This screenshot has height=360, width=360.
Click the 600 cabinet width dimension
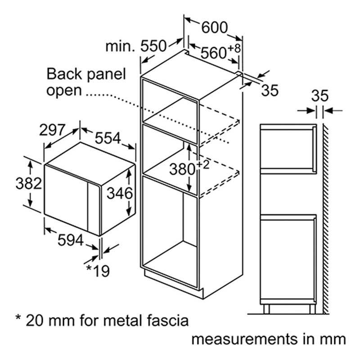click(x=215, y=27)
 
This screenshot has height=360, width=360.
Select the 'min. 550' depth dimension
click(x=135, y=46)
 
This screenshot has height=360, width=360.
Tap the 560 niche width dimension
click(x=213, y=53)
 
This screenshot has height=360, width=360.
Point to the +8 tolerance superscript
click(x=234, y=49)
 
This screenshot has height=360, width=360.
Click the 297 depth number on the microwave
click(x=52, y=130)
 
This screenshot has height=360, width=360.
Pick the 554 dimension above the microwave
click(x=108, y=138)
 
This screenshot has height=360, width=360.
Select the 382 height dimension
click(x=29, y=184)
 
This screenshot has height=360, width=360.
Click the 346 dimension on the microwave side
click(x=120, y=193)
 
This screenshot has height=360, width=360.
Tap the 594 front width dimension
click(x=71, y=240)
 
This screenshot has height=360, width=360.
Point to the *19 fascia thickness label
click(x=98, y=271)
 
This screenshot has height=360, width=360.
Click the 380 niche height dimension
click(x=182, y=169)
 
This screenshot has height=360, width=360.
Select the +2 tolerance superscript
click(x=203, y=165)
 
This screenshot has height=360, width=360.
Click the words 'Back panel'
click(x=86, y=74)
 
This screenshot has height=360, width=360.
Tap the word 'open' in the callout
click(x=64, y=91)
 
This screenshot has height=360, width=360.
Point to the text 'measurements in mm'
click(x=269, y=339)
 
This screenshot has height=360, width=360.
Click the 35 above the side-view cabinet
click(x=320, y=95)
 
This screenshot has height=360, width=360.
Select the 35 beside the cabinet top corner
click(x=270, y=90)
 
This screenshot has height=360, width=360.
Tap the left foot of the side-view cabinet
click(x=266, y=309)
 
